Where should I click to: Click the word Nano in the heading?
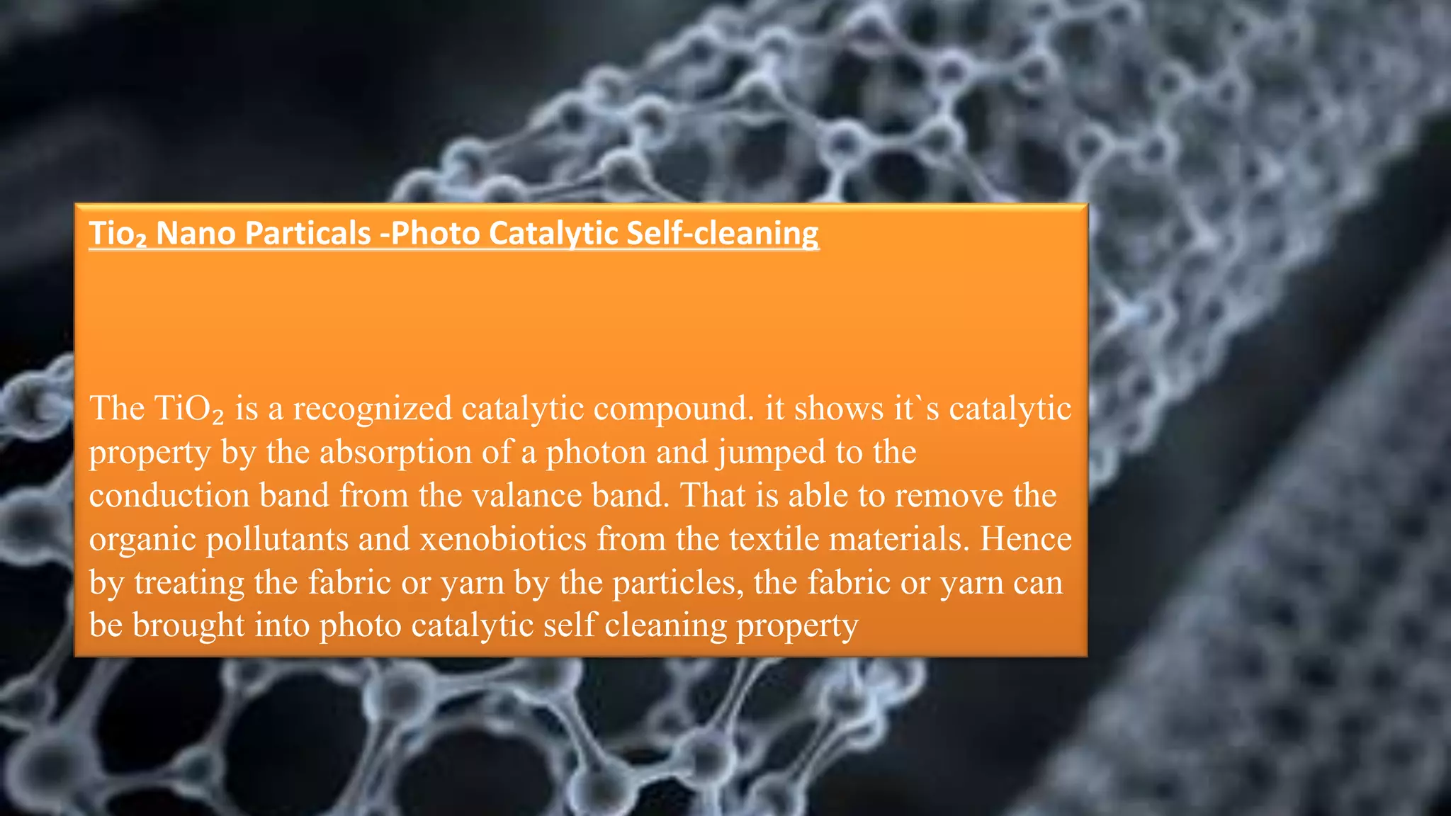point(195,233)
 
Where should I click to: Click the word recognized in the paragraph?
point(372,409)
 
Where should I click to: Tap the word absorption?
point(395,452)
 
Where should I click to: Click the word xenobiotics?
point(503,539)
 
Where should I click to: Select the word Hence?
point(1025,539)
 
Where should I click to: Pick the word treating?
point(189,583)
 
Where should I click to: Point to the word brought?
point(188,626)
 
